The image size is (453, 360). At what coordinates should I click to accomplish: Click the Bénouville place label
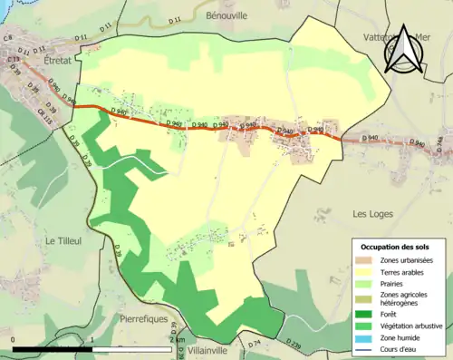pyautogui.click(x=231, y=17)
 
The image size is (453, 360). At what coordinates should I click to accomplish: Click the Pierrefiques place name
pyautogui.click(x=146, y=319)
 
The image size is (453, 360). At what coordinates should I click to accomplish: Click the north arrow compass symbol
pyautogui.click(x=402, y=50)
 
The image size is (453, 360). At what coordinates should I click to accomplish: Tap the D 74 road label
pyautogui.click(x=255, y=344)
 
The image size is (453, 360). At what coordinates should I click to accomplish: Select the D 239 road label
pyautogui.click(x=292, y=344)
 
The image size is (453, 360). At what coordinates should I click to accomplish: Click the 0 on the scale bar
pyautogui.click(x=14, y=340)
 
